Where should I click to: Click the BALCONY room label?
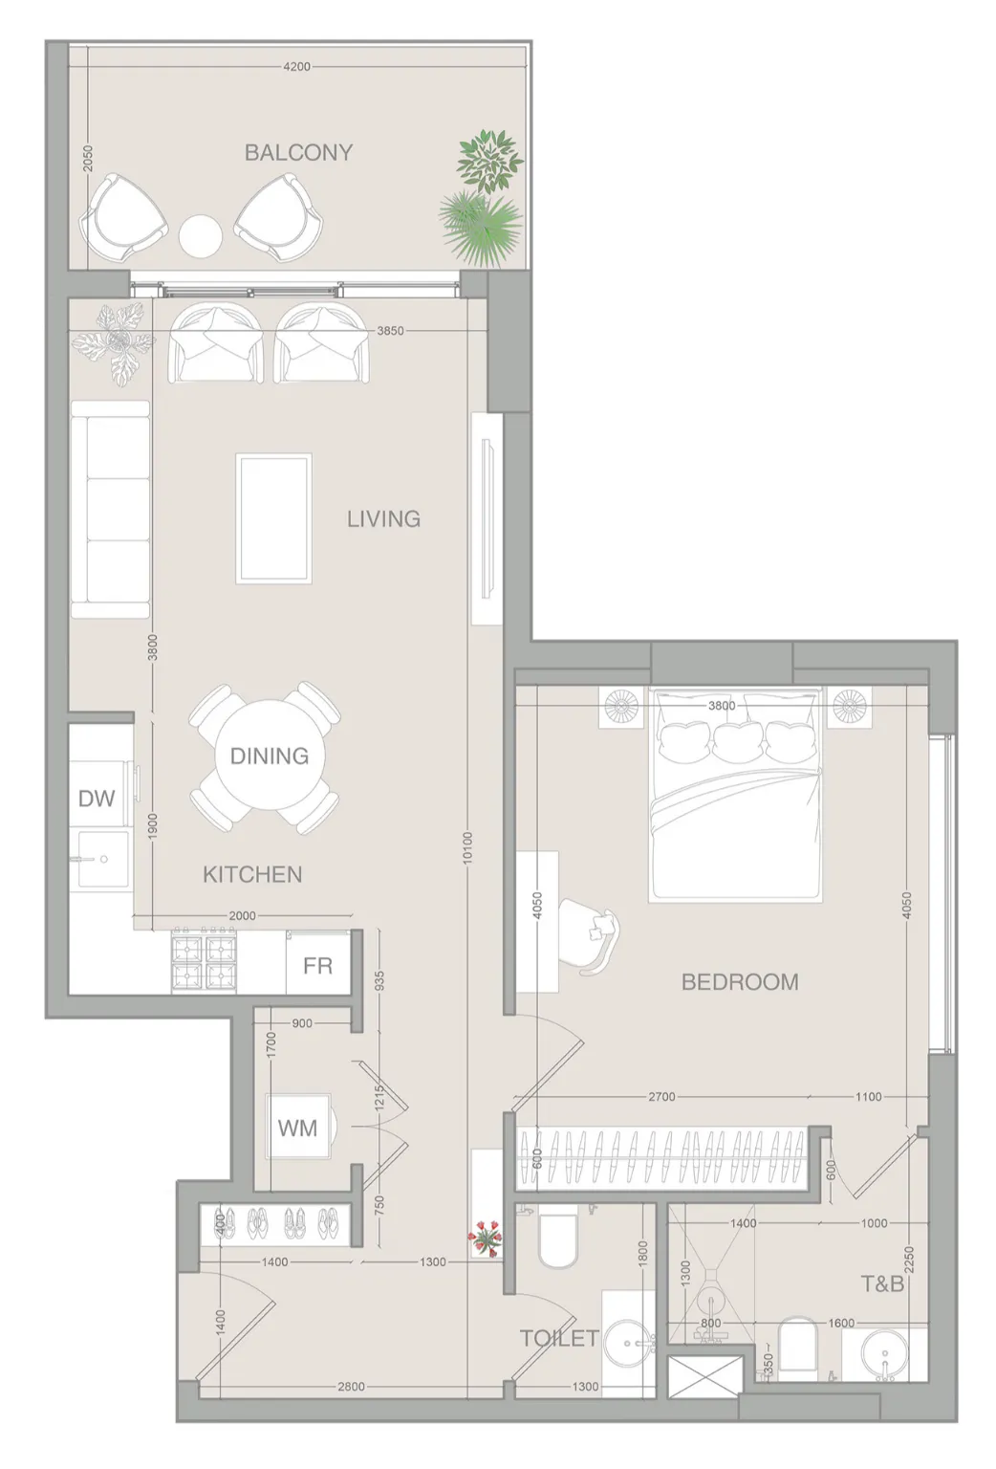click(299, 153)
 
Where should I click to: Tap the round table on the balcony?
click(200, 236)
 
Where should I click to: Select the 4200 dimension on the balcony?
click(296, 66)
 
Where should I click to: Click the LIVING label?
click(383, 519)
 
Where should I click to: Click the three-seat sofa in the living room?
click(110, 510)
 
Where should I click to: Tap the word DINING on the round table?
click(270, 756)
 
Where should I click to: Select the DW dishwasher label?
click(97, 799)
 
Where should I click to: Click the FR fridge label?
click(317, 966)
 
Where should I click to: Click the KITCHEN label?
click(252, 874)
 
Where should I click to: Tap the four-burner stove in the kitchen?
click(204, 961)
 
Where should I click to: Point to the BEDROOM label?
click(741, 982)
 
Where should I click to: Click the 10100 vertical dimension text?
click(467, 848)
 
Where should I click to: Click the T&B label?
click(882, 1283)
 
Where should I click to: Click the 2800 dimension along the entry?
click(351, 1387)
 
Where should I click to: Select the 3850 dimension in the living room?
click(391, 331)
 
